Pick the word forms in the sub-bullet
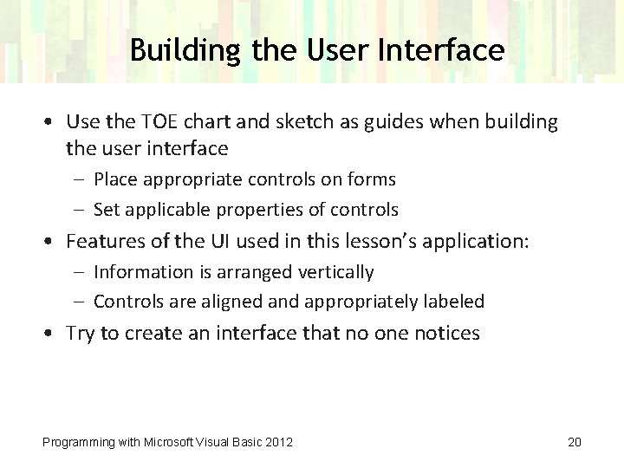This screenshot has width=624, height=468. click(374, 179)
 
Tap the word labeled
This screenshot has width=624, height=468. click(453, 302)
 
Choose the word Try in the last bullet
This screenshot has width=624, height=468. click(81, 334)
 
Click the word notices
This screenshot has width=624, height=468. click(445, 334)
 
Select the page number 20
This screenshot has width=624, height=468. click(574, 442)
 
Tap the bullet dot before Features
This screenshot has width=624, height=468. click(53, 241)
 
